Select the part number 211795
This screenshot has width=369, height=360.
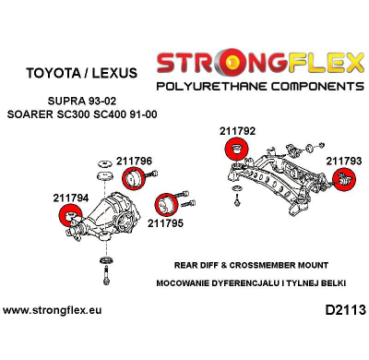pos(166,222)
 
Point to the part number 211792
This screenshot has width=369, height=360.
pos(237,130)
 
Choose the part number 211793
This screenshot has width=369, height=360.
pos(343,161)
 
